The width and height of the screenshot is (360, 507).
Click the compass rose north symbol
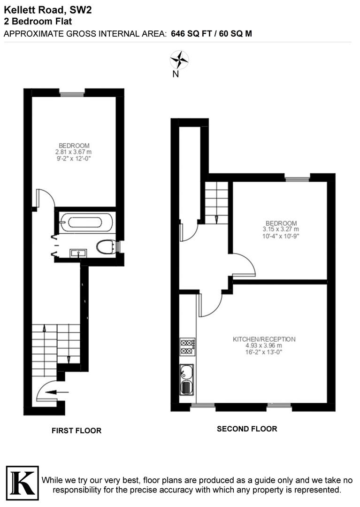pyautogui.click(x=179, y=60)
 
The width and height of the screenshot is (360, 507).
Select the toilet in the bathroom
pyautogui.click(x=107, y=246)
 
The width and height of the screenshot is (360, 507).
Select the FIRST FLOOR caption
pyautogui.click(x=77, y=430)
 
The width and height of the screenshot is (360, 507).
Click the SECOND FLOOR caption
pyautogui.click(x=247, y=429)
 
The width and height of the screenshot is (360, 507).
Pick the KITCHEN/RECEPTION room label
pyautogui.click(x=264, y=339)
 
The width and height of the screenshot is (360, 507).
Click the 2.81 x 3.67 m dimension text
pyautogui.click(x=74, y=152)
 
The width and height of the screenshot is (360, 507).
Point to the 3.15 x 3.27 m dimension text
pyautogui.click(x=281, y=229)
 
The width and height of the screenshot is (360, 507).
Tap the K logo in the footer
pyautogui.click(x=22, y=481)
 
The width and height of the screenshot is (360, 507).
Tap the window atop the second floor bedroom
pyautogui.click(x=298, y=178)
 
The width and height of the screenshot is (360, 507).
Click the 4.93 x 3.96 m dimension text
pyautogui.click(x=264, y=346)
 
